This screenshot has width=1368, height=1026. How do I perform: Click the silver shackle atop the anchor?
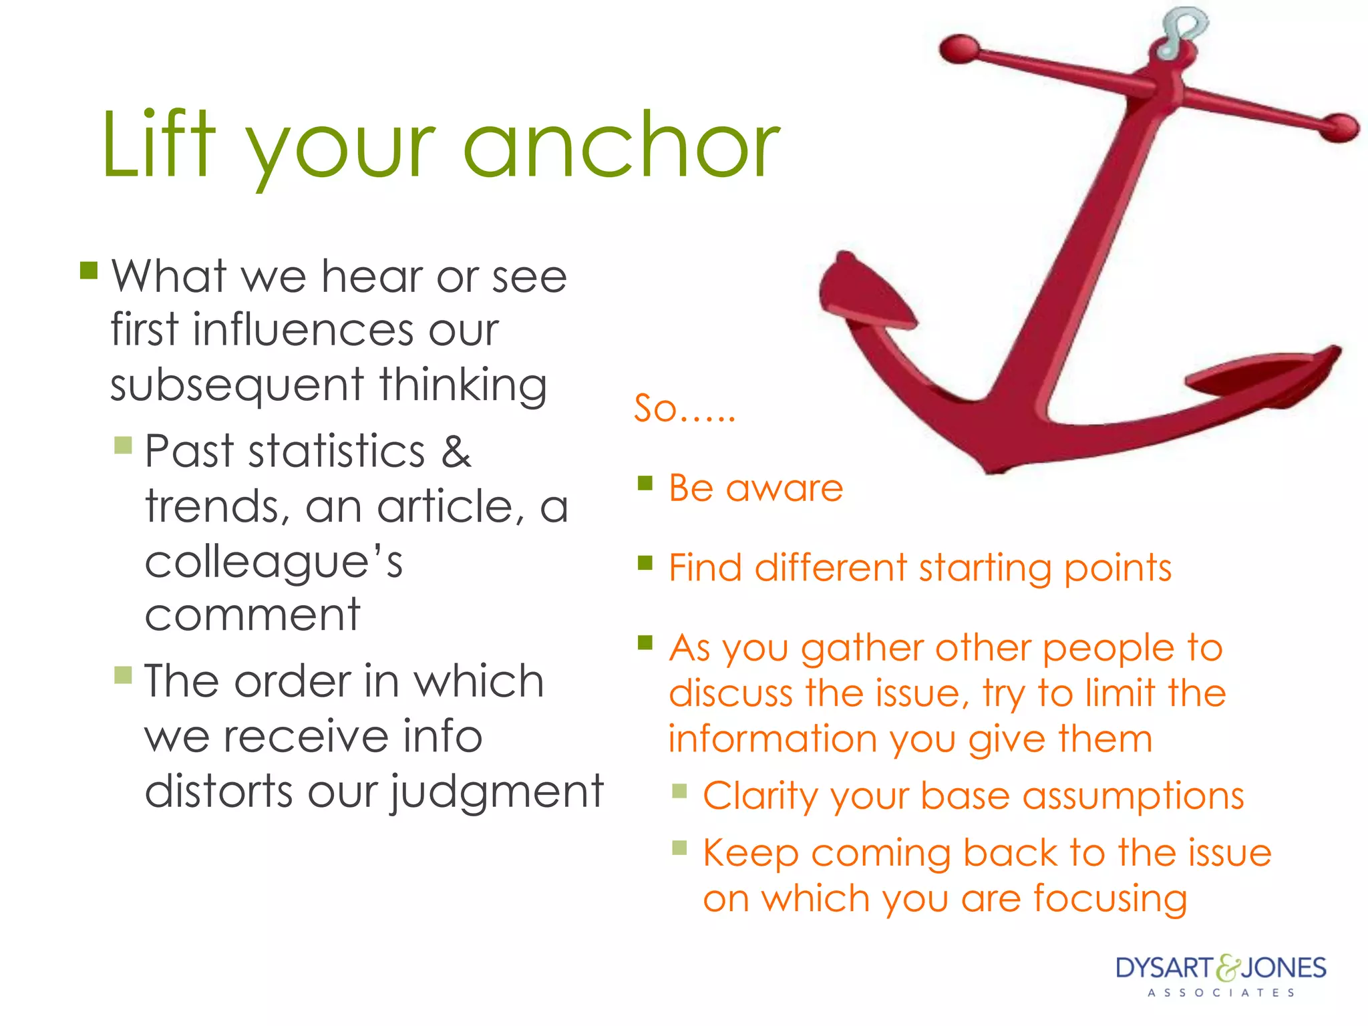(x=1182, y=30)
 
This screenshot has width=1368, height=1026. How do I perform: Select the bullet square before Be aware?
(x=645, y=482)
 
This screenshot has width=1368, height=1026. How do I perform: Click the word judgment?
(x=497, y=792)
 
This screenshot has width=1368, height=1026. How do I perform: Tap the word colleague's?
(x=274, y=562)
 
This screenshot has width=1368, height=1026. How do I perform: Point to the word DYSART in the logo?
(x=1164, y=968)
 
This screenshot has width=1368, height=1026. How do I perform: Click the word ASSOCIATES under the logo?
(x=1222, y=993)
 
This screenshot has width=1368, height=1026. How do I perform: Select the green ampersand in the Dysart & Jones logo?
(x=1227, y=969)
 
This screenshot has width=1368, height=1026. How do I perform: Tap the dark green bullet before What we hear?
(x=89, y=270)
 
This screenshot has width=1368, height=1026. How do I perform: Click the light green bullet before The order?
(x=123, y=675)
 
